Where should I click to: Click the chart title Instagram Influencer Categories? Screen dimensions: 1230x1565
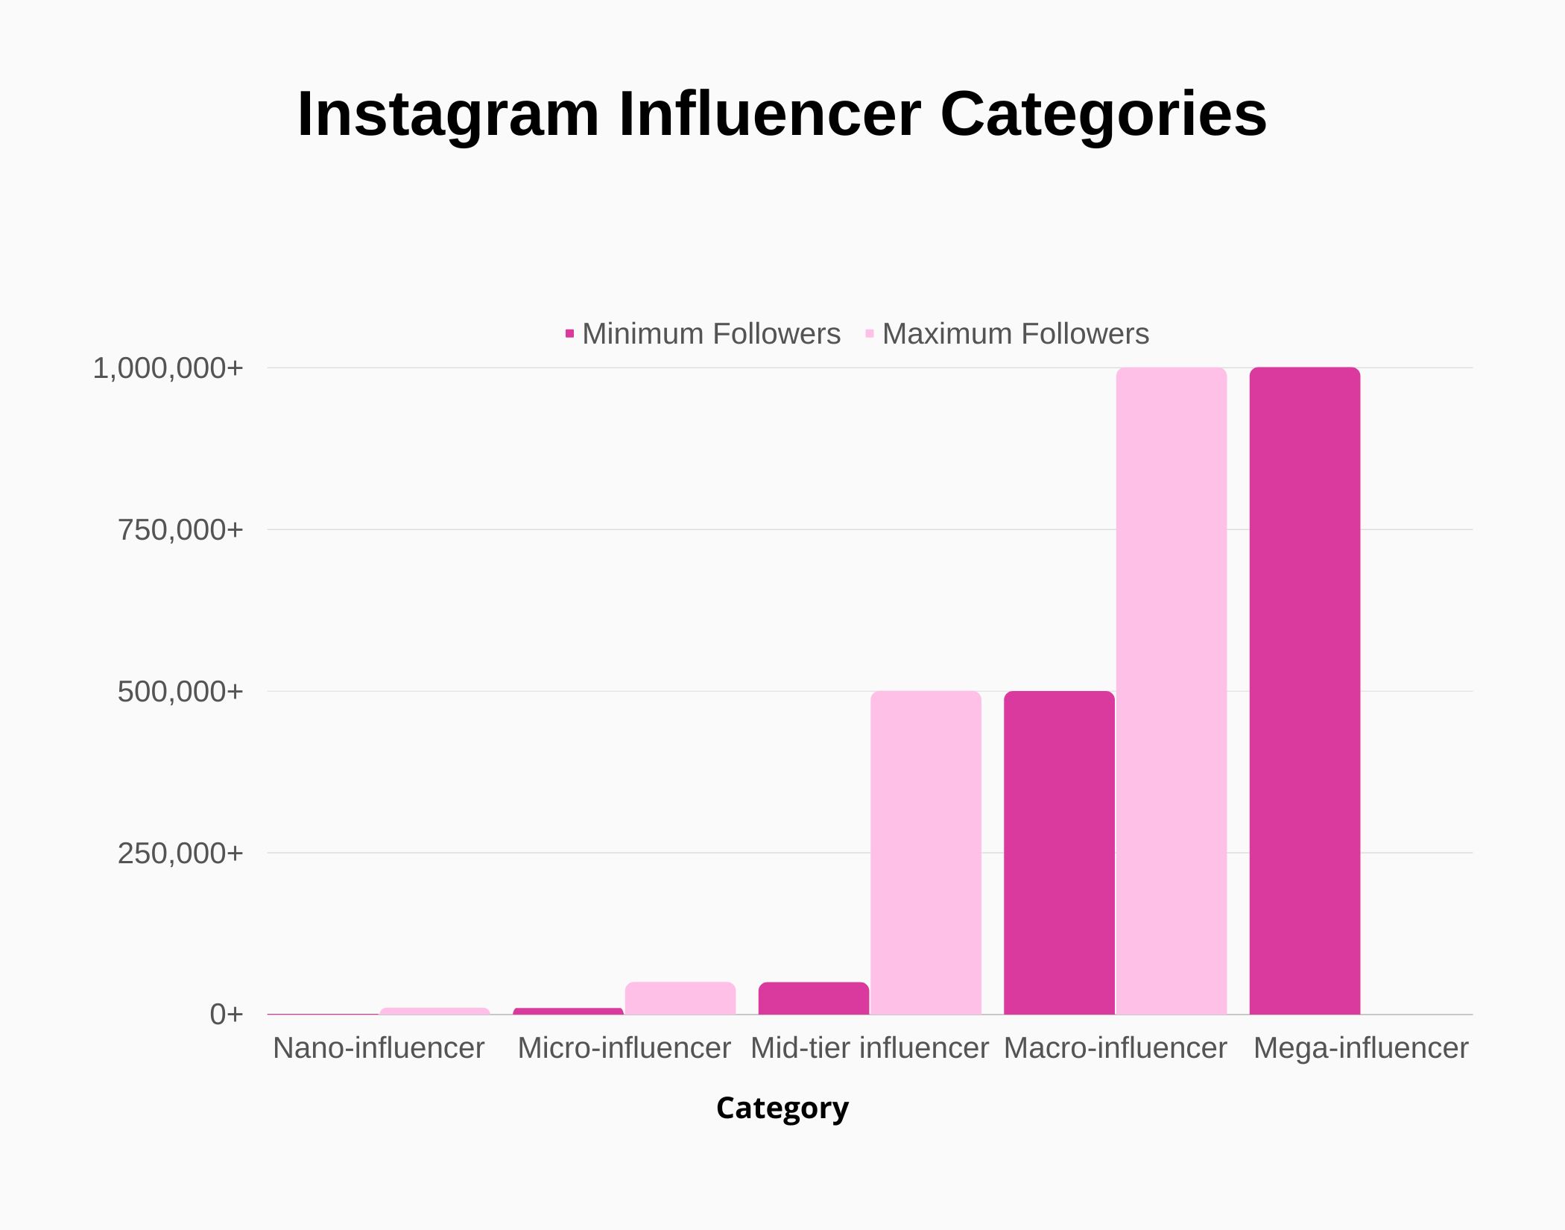point(782,114)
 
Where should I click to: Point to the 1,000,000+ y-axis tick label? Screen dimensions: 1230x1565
point(168,368)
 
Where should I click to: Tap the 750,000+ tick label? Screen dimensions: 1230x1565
point(180,530)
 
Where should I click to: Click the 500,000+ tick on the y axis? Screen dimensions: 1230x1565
point(180,692)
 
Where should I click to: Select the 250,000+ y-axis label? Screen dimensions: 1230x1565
point(180,854)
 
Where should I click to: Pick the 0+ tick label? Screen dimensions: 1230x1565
point(227,1015)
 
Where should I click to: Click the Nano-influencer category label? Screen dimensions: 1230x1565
point(379,1048)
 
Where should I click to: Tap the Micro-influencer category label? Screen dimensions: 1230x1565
point(624,1048)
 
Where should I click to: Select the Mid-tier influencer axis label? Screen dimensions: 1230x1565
point(869,1048)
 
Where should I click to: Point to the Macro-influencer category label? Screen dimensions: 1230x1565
point(1115,1048)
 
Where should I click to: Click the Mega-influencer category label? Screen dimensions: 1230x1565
point(1360,1048)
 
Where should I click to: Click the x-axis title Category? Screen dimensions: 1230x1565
point(782,1108)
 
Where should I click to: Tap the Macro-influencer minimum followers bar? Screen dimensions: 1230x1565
point(1059,853)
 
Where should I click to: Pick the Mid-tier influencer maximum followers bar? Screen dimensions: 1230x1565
point(926,853)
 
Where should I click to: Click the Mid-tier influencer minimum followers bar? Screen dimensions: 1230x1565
point(814,999)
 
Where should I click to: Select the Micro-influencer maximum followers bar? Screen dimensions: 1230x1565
point(680,999)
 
